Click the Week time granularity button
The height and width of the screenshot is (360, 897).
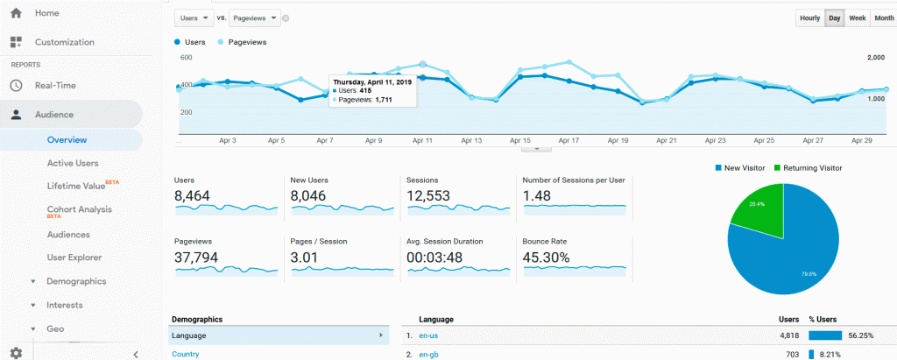tap(857, 18)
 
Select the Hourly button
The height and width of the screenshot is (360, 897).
tap(810, 18)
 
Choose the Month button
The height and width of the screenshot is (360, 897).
tap(884, 18)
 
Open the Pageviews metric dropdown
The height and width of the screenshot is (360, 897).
tap(255, 18)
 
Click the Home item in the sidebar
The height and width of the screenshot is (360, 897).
tap(47, 12)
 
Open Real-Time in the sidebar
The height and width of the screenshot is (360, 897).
tap(55, 85)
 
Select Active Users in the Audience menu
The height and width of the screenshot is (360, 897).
tap(73, 163)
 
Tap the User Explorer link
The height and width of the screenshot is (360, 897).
tap(74, 258)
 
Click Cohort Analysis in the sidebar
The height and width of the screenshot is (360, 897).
tap(80, 209)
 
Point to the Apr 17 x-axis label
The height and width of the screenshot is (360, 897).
tap(569, 140)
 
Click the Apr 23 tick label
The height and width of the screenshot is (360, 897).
tap(715, 140)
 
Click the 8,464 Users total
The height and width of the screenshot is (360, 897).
tap(192, 196)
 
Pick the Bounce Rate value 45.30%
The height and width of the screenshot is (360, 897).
tap(546, 258)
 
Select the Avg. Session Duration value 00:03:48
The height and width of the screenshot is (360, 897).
tap(434, 258)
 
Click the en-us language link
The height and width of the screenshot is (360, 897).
tap(428, 336)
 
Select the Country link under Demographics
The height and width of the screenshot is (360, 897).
tap(186, 354)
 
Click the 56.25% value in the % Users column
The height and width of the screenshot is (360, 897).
tap(860, 336)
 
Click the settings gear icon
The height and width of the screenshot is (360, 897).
tap(16, 353)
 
